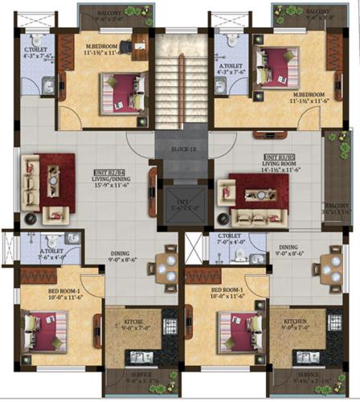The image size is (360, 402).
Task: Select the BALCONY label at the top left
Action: coord(110,14)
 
